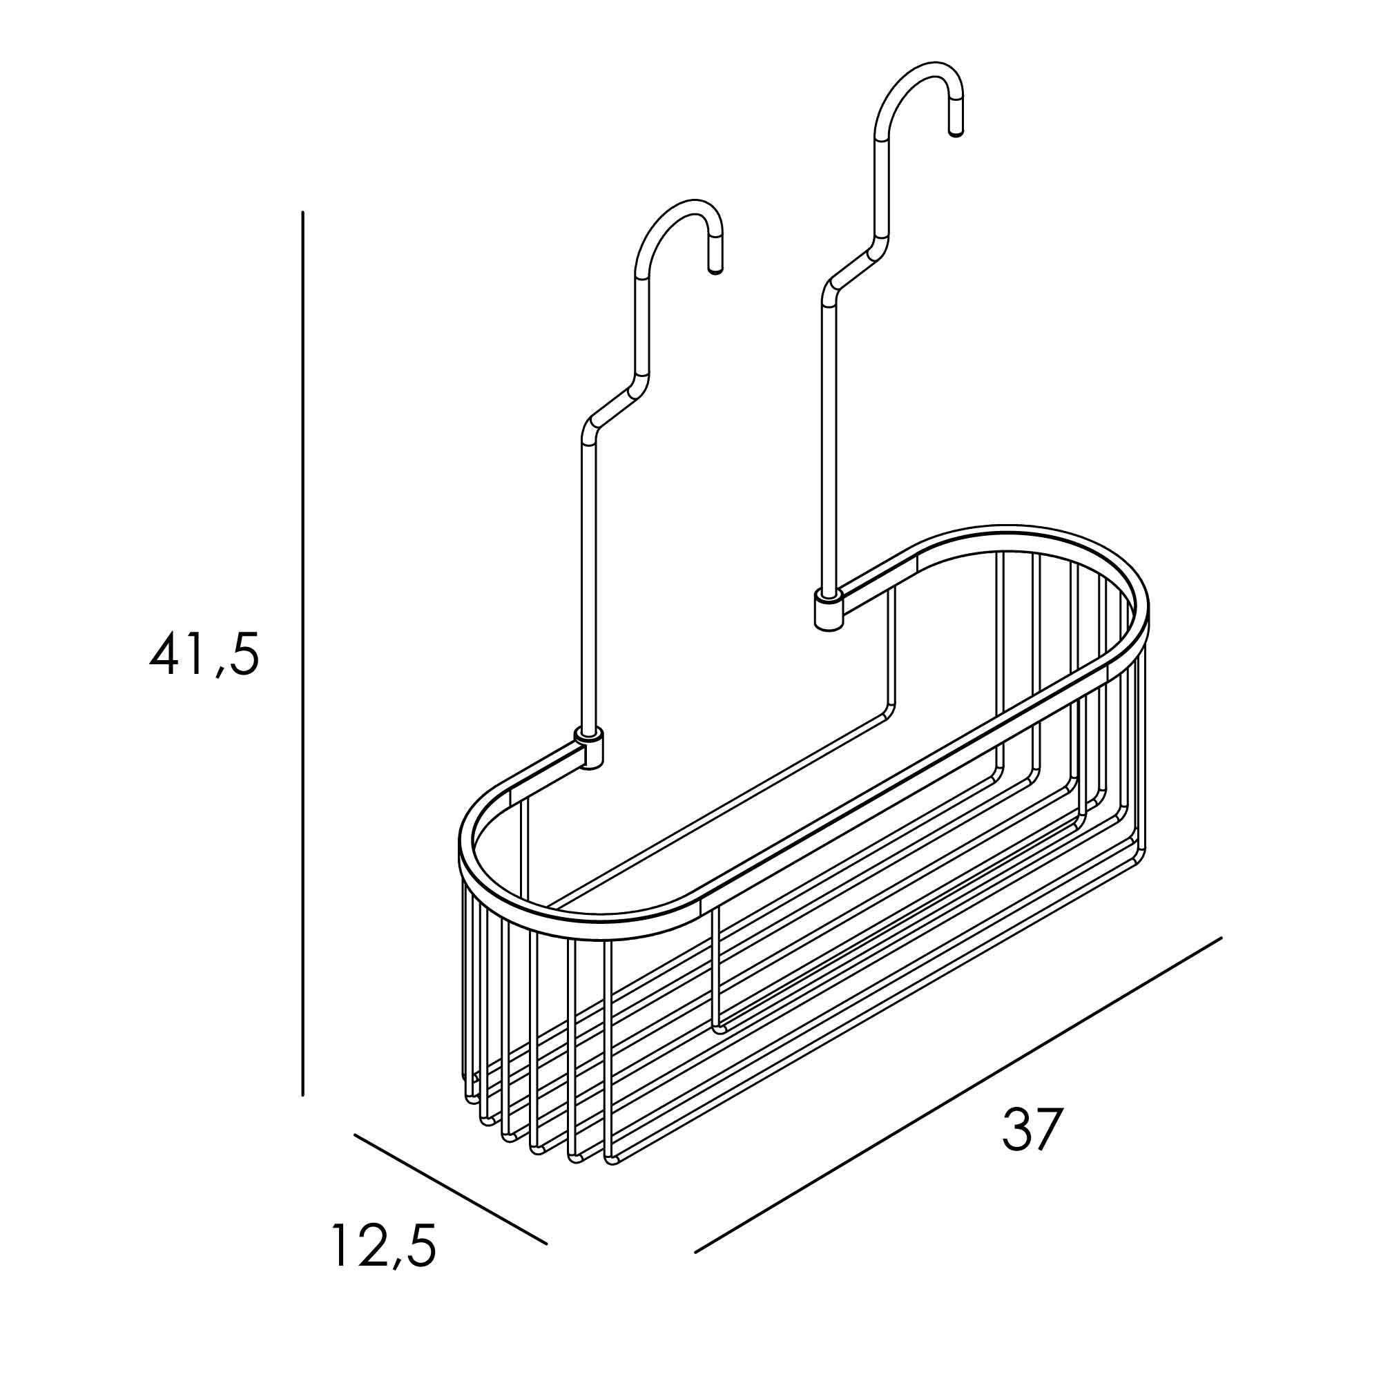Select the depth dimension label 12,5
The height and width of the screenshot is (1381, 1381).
pos(384,1244)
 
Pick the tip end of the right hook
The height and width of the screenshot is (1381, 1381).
pos(956,131)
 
